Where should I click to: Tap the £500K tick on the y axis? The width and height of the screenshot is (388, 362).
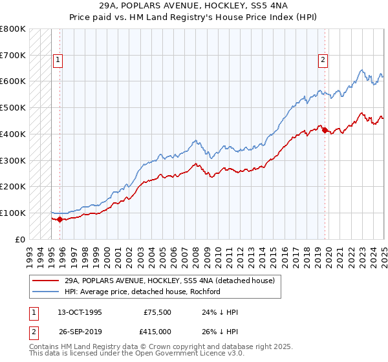pos(13,107)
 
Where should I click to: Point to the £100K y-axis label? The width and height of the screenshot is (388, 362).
pos(13,213)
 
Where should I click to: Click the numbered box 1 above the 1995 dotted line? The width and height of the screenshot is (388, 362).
pos(58,60)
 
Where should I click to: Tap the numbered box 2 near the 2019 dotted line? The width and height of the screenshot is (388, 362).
pos(323,60)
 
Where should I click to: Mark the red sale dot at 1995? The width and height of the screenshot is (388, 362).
pos(59,219)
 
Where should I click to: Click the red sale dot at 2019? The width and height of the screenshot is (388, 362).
pos(324,130)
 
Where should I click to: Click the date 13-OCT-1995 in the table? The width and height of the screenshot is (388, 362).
pos(80,312)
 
